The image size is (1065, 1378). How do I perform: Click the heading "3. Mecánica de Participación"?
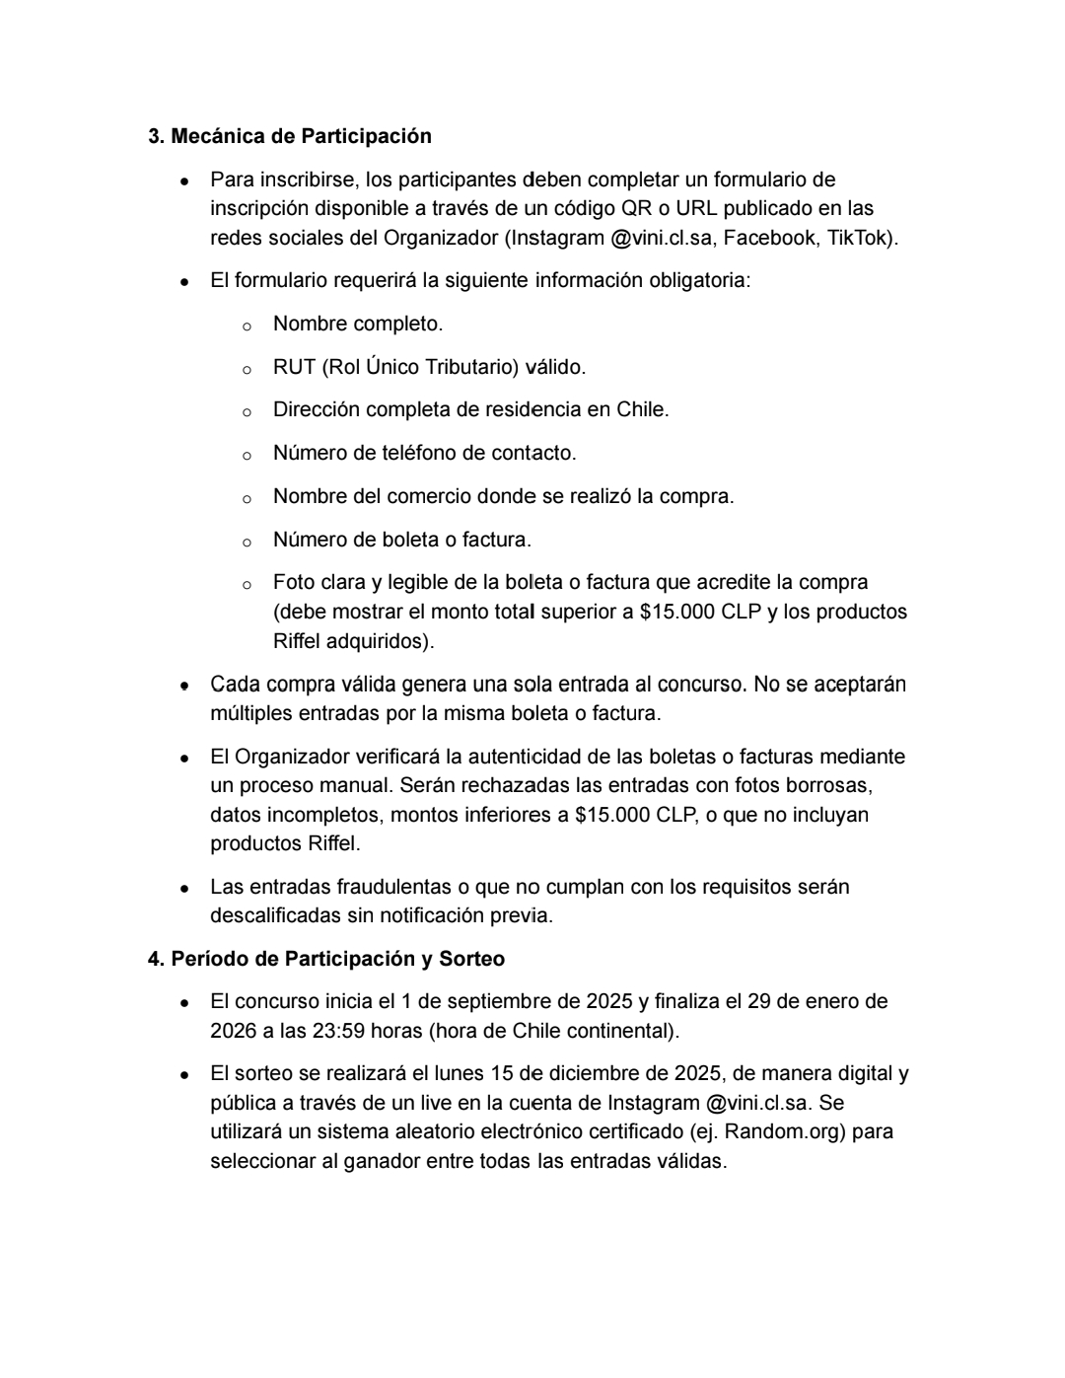click(290, 136)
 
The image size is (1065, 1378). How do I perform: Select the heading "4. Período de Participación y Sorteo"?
click(325, 959)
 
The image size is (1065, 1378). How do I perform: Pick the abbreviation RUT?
click(294, 367)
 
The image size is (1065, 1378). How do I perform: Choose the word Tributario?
click(470, 367)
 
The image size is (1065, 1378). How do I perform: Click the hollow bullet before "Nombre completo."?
click(247, 325)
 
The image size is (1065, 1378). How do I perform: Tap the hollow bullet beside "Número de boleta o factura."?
click(247, 541)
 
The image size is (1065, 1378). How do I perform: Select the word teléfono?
click(418, 453)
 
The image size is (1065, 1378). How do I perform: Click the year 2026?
click(233, 1031)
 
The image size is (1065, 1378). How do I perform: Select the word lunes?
click(468, 1074)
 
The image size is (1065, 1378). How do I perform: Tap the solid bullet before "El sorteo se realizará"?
click(184, 1075)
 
